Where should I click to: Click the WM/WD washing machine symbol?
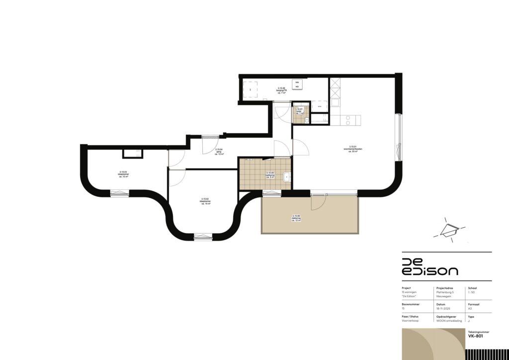pos(297,85)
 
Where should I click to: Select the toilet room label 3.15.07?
pos(299,110)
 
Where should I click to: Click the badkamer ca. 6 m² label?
pos(270,176)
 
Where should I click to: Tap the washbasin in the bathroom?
pos(286,177)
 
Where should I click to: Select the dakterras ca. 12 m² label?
pos(296,219)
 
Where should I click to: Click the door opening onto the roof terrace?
pos(319,201)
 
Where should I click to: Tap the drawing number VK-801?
pos(475,336)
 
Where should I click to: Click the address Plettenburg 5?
pos(446,292)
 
